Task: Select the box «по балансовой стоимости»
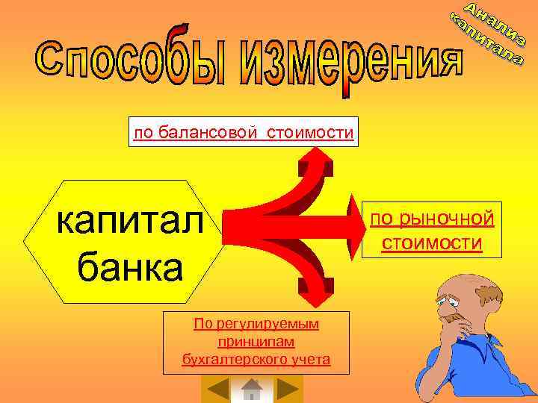point(243,132)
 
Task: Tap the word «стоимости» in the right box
point(431,243)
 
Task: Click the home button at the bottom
point(253,390)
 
